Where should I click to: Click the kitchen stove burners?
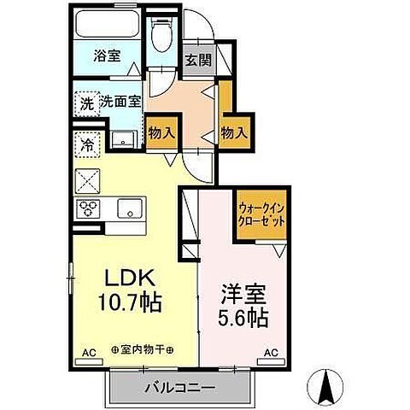click(x=90, y=208)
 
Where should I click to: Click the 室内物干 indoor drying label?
click(x=143, y=350)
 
